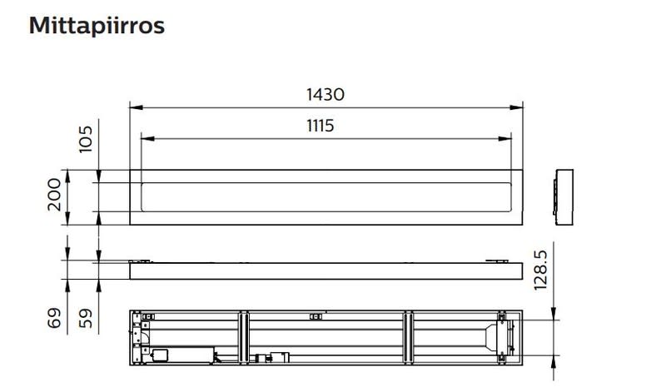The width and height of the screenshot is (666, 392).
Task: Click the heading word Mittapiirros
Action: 97,26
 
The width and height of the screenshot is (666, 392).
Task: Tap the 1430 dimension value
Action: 326,94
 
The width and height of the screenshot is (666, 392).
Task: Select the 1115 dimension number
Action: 321,126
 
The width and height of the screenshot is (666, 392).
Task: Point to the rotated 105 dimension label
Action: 86,139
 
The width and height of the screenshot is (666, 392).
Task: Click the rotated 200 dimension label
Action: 54,195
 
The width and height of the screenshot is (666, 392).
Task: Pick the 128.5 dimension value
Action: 540,270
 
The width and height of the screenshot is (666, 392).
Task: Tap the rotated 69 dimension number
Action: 54,318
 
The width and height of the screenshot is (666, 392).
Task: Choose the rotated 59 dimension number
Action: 86,318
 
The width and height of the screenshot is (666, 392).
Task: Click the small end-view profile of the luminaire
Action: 564,197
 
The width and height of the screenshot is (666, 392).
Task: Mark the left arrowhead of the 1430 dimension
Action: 136,107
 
